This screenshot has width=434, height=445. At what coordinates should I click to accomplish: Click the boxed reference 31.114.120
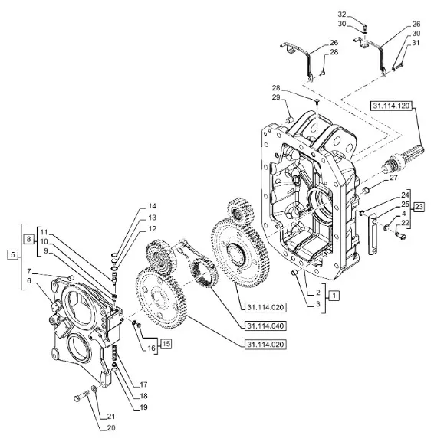coord(391,106)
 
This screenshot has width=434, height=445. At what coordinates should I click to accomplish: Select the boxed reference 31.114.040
coord(265,326)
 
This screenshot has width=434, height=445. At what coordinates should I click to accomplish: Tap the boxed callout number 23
coord(419,207)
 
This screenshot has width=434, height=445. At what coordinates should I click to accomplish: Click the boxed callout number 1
coord(334,296)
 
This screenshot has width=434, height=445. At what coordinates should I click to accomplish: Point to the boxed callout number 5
coord(13,254)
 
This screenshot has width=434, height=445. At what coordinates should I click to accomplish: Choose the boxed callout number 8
coord(28,239)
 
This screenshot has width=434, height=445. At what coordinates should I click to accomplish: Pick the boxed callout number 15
coord(166,344)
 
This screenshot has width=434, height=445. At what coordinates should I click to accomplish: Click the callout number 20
coord(111,427)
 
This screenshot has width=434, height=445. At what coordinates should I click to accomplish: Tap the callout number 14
coord(153,206)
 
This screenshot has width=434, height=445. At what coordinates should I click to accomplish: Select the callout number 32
coord(342,15)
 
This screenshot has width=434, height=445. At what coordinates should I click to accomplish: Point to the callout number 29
coord(276,97)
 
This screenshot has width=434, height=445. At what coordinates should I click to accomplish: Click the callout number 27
coord(393,178)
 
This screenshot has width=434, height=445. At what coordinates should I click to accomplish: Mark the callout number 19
coord(143,407)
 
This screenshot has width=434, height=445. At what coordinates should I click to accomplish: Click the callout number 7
coord(29,271)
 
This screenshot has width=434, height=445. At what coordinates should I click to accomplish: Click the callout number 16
coord(151,348)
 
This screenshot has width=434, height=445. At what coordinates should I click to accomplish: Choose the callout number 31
coord(416,43)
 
